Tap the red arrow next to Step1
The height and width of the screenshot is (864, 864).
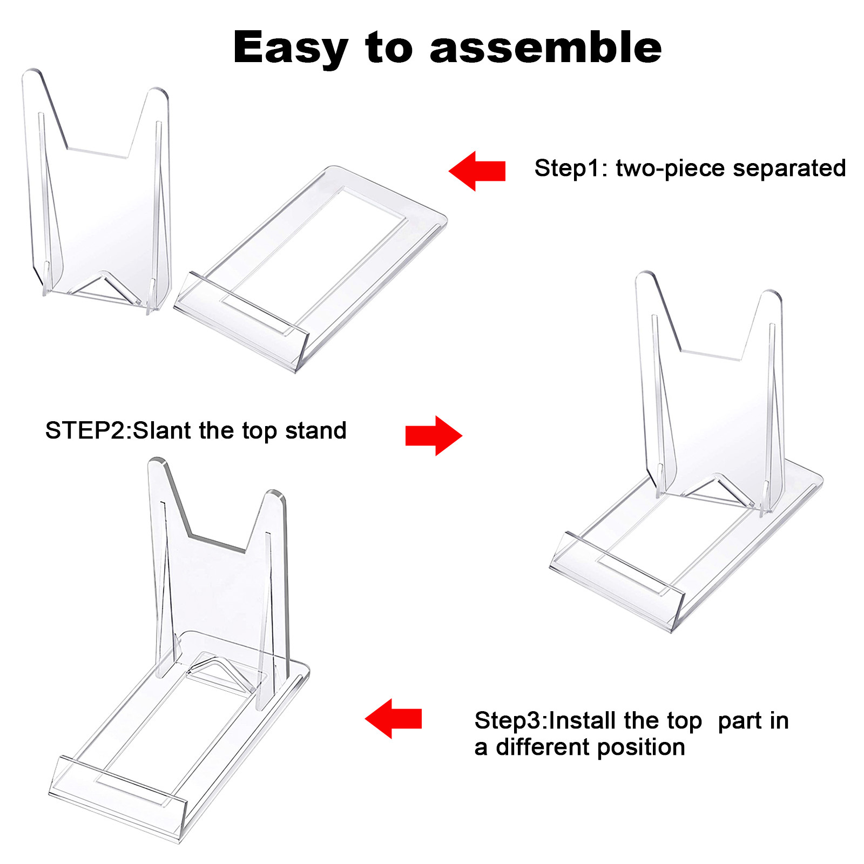477,171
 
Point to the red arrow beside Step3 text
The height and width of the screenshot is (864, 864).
393,719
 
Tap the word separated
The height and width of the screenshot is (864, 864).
789,168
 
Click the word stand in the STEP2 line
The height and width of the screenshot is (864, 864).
315,431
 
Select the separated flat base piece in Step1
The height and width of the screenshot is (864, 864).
324,254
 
